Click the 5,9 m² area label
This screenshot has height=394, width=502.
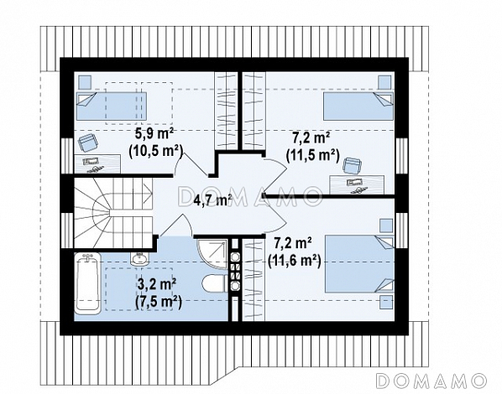(154, 133)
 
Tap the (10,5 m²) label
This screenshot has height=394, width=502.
(155, 151)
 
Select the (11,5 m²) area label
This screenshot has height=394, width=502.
(312, 156)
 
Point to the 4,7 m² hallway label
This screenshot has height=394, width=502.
(213, 201)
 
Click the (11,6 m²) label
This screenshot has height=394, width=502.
(294, 262)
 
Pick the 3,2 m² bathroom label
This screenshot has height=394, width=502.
(157, 284)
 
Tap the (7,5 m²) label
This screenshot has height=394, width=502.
(159, 303)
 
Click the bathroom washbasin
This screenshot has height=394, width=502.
(139, 258)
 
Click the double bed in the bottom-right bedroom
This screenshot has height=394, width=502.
(359, 264)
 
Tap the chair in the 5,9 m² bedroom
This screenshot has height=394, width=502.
(87, 143)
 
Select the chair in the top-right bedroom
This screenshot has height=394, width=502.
(352, 166)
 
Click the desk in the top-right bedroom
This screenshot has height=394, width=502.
(357, 184)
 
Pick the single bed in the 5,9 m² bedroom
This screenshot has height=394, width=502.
(112, 106)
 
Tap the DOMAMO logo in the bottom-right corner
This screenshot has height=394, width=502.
(431, 381)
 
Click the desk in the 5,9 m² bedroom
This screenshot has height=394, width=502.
(97, 164)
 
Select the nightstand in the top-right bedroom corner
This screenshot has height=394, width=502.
(384, 82)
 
